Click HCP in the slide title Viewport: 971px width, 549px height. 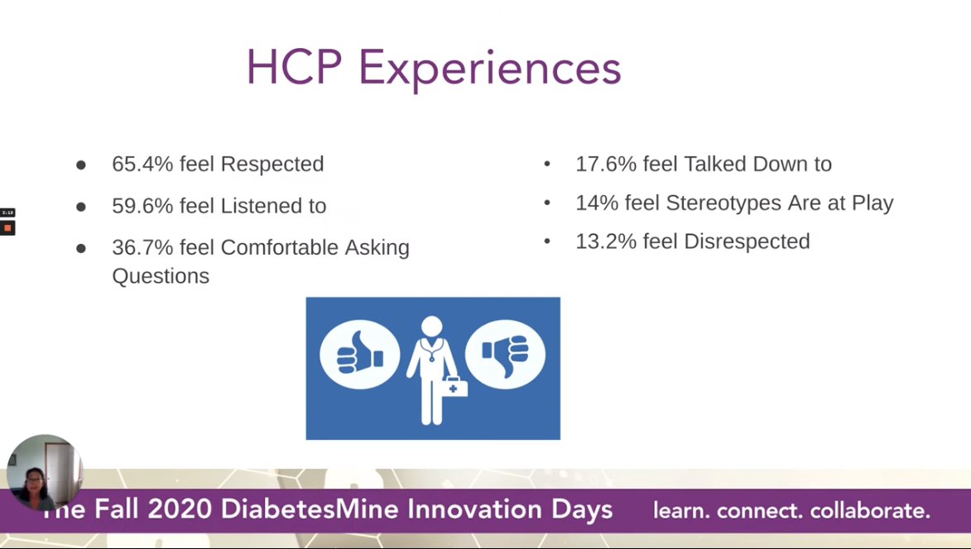coord(294,69)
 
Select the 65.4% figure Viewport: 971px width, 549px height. coord(142,165)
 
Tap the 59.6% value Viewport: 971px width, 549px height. coord(142,206)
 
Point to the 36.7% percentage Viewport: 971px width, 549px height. coord(142,247)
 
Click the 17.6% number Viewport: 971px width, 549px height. coord(606,165)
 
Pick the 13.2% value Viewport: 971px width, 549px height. coord(606,241)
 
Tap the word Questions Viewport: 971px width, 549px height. coord(161,276)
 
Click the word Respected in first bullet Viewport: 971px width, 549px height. coord(272,165)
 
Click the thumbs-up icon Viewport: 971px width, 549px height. coord(359,355)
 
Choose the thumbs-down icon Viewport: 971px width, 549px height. coord(505,355)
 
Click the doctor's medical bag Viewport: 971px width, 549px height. coord(454,386)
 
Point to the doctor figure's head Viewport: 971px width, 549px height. coord(432,326)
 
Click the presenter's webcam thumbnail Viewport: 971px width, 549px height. coord(44,473)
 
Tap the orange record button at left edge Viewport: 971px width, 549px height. coord(7,227)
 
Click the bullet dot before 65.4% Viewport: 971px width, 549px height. coord(81,165)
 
